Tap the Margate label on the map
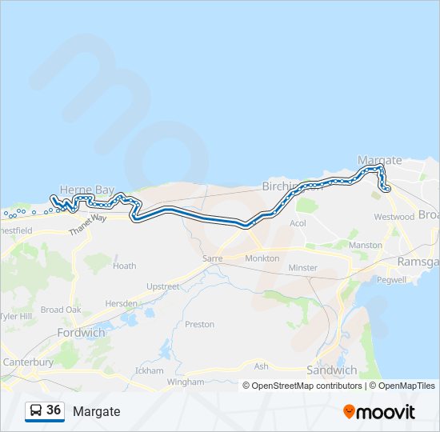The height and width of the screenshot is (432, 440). click(378, 159)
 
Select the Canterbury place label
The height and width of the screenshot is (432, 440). click(28, 362)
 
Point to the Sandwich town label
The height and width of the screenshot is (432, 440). click(331, 370)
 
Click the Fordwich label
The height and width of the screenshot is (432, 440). click(81, 331)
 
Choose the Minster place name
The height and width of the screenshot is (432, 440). click(303, 267)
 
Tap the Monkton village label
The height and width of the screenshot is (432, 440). click(262, 258)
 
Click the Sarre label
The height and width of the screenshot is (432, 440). click(212, 259)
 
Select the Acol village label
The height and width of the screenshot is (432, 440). click(298, 224)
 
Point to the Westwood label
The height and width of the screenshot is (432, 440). click(394, 217)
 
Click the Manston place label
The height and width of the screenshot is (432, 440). click(366, 245)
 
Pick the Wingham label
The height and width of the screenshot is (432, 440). click(180, 382)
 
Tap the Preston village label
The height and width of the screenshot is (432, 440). click(199, 324)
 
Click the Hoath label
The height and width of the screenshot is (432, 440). click(124, 266)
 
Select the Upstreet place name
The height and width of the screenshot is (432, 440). click(163, 286)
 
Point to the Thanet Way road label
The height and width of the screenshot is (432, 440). click(87, 222)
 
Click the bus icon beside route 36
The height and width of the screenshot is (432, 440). click(36, 410)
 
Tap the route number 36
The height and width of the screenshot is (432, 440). click(54, 410)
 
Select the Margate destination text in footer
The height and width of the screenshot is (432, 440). click(96, 411)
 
